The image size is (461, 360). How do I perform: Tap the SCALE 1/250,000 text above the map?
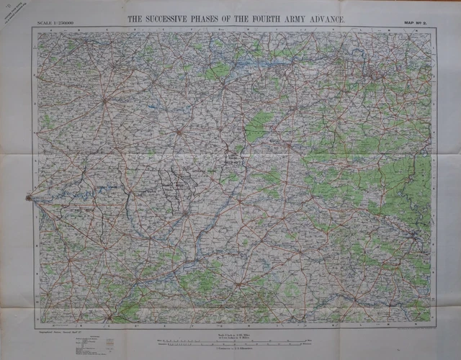[58, 25]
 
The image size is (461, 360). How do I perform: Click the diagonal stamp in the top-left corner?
[22, 13]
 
